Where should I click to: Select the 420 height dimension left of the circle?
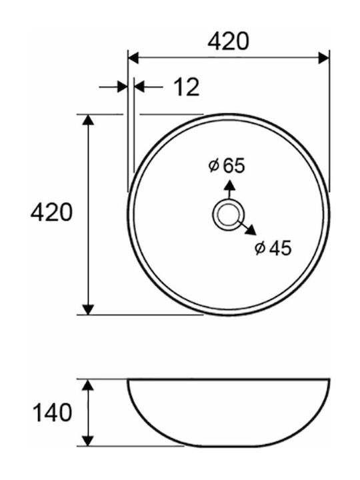(x=51, y=212)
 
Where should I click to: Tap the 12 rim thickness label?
(x=187, y=87)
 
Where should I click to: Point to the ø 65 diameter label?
(x=227, y=165)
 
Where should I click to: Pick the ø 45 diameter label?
(x=273, y=248)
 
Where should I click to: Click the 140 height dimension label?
(x=53, y=413)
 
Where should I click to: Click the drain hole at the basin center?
(x=228, y=214)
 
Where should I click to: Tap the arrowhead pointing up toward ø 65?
(x=229, y=185)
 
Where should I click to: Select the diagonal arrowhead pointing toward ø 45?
(x=251, y=230)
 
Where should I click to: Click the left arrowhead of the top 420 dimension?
(x=133, y=57)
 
